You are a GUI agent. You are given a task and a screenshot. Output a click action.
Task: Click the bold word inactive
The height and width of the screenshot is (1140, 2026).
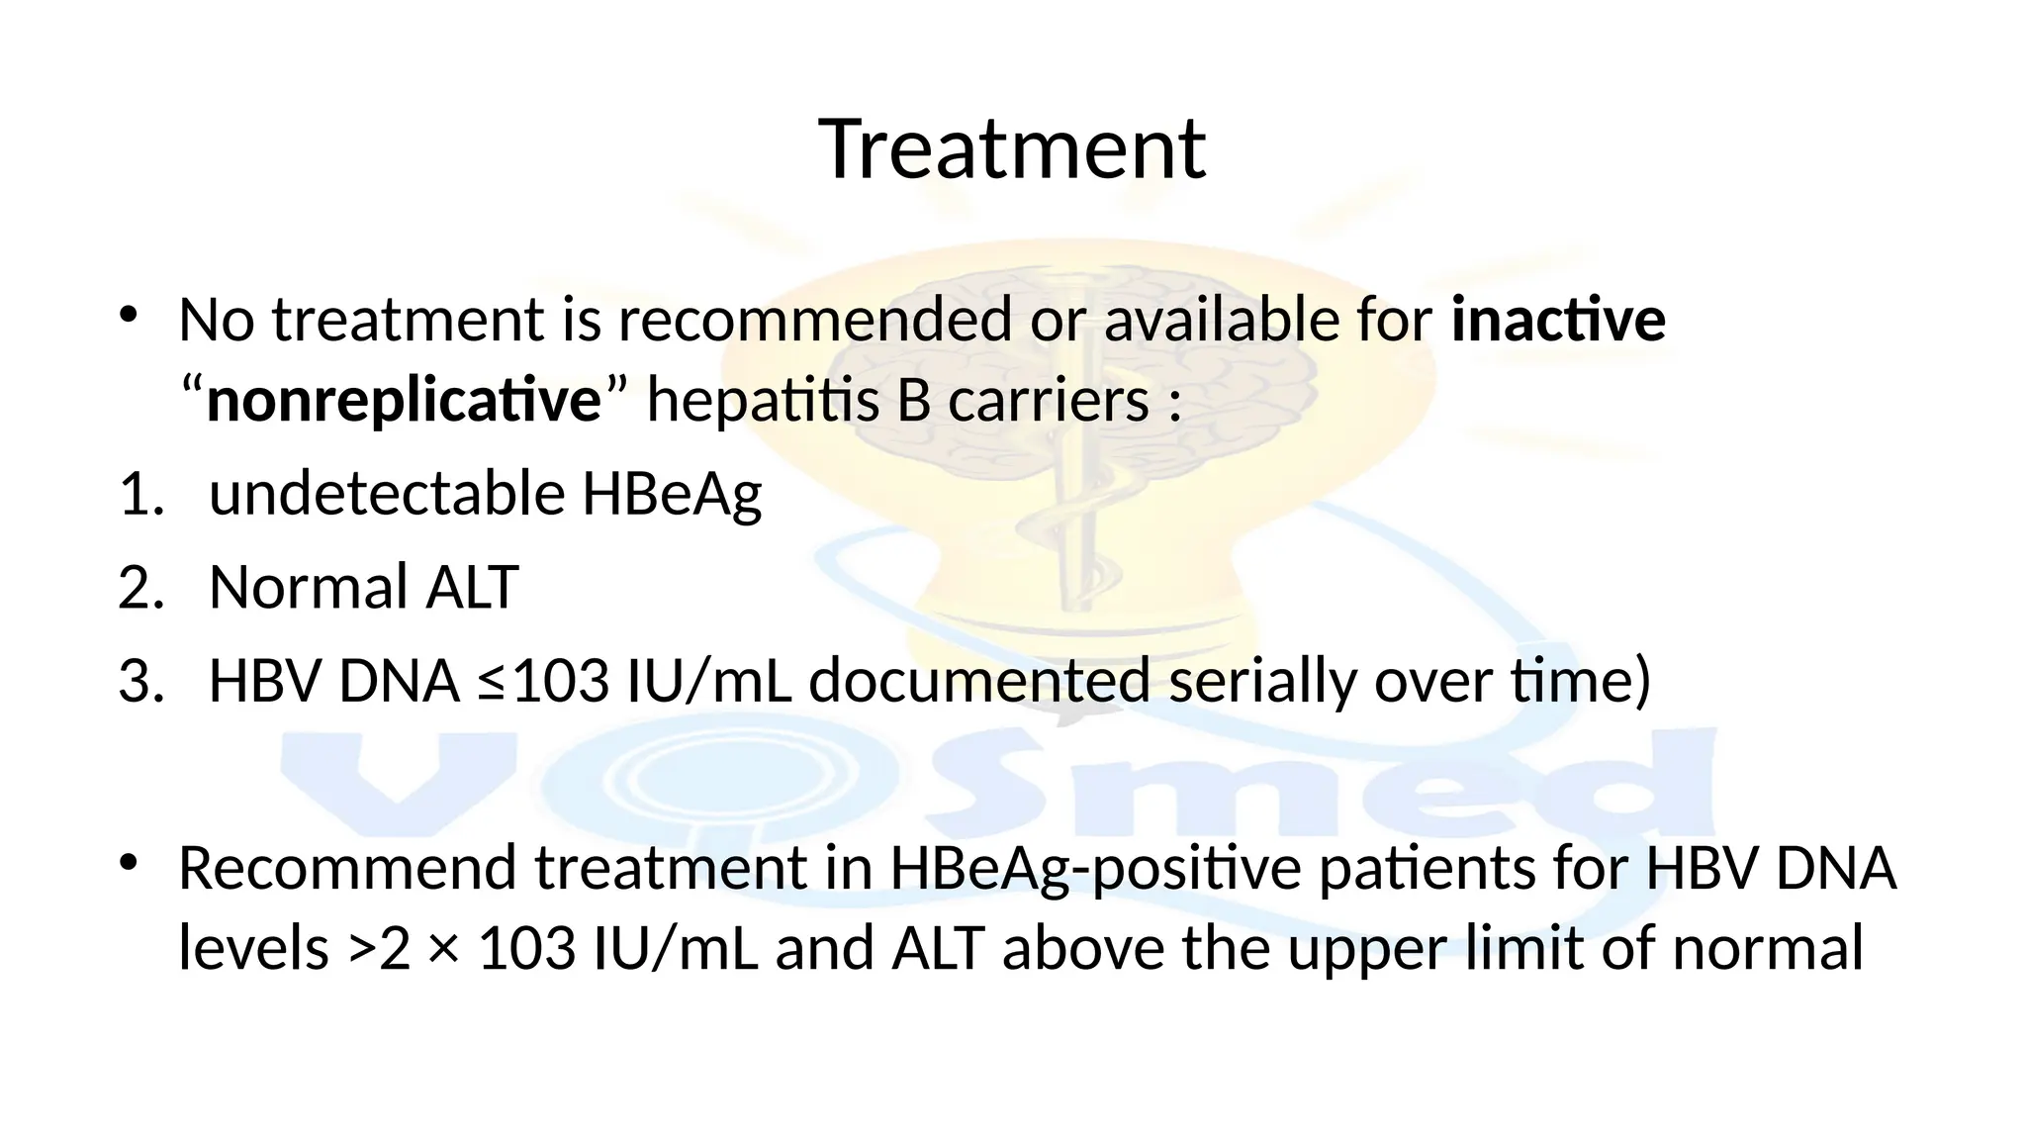(1558, 321)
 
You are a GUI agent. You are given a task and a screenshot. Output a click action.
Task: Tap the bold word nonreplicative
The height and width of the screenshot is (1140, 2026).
(404, 401)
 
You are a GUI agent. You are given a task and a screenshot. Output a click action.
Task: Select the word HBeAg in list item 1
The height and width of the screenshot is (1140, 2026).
(672, 494)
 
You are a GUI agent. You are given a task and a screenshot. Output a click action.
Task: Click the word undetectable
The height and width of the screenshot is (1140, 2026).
(387, 494)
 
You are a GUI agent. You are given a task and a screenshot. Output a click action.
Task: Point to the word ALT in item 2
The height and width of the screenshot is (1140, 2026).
(472, 587)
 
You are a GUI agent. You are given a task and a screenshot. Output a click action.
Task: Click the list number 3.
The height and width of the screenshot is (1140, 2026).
(139, 682)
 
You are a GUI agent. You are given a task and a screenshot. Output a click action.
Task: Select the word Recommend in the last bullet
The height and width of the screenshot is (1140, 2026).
(348, 868)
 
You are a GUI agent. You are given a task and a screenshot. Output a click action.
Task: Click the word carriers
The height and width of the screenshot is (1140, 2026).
(1048, 401)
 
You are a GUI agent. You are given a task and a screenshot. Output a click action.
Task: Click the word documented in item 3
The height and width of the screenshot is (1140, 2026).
(979, 682)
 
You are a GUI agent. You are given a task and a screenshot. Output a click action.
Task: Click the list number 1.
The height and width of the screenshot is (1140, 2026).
(139, 494)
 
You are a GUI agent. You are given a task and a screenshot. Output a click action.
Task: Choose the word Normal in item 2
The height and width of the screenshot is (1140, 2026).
(309, 587)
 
